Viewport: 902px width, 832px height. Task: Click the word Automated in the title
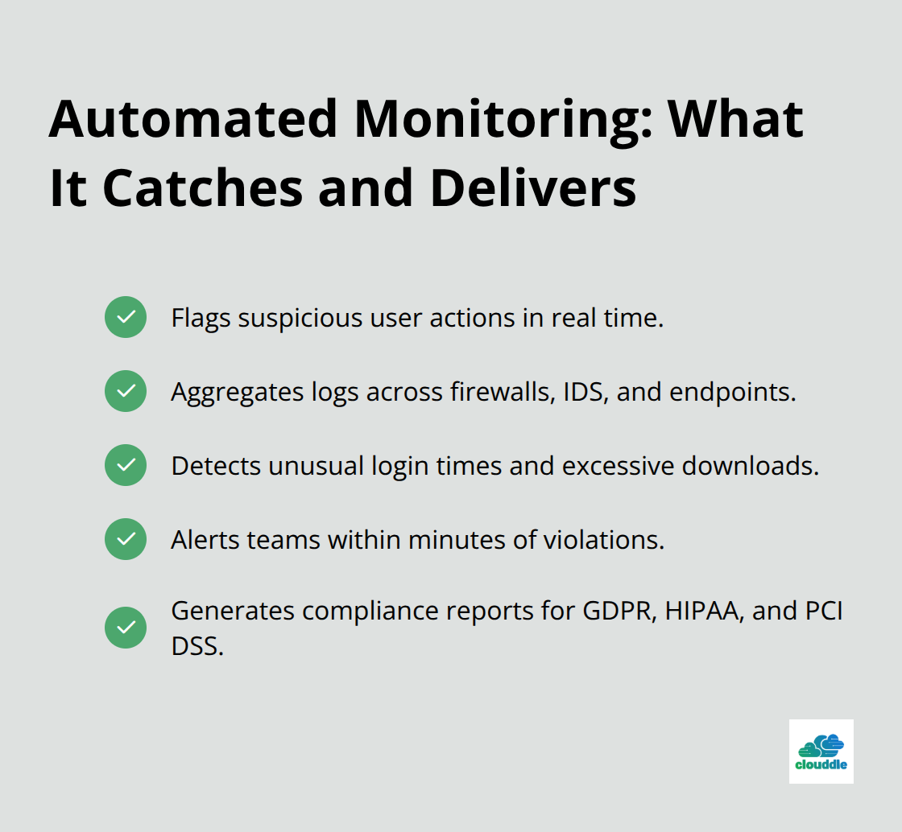coord(192,119)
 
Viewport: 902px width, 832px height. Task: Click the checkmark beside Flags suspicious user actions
coord(126,317)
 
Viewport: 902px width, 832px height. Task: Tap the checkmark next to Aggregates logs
coord(126,391)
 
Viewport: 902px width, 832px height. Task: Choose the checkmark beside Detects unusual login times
coord(126,465)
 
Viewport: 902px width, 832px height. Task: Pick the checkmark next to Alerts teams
coord(126,539)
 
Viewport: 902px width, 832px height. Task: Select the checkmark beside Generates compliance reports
coord(126,628)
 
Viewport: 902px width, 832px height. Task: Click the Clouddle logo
coord(821,751)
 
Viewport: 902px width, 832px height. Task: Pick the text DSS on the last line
coord(197,645)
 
